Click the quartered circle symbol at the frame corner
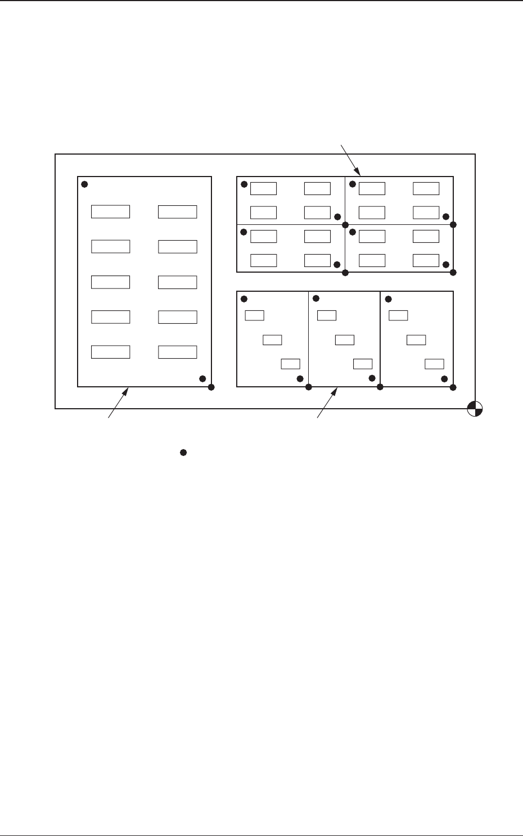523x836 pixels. pyautogui.click(x=475, y=409)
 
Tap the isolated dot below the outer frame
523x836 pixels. pyautogui.click(x=183, y=452)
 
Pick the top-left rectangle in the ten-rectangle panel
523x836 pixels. pyautogui.click(x=111, y=211)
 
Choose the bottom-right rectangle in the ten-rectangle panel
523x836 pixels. pyautogui.click(x=177, y=352)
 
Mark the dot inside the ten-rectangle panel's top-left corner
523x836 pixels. pyautogui.click(x=84, y=184)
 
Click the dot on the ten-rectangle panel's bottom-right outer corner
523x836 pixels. pyautogui.click(x=211, y=387)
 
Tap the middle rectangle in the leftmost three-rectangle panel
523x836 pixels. pyautogui.click(x=272, y=340)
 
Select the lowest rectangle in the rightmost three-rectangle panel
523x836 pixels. pyautogui.click(x=434, y=363)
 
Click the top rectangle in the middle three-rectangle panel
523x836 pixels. pyautogui.click(x=327, y=315)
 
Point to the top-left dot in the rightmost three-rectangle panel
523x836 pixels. pyautogui.click(x=387, y=299)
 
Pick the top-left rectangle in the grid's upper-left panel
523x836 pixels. pyautogui.click(x=263, y=188)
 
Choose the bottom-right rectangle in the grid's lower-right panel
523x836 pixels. pyautogui.click(x=426, y=260)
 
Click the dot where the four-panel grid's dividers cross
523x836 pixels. pyautogui.click(x=345, y=224)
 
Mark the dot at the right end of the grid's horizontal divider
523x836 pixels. pyautogui.click(x=453, y=224)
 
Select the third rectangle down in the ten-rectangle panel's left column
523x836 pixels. pyautogui.click(x=111, y=282)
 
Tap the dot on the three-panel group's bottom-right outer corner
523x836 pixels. pyautogui.click(x=453, y=387)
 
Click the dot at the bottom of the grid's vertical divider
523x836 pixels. pyautogui.click(x=345, y=273)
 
